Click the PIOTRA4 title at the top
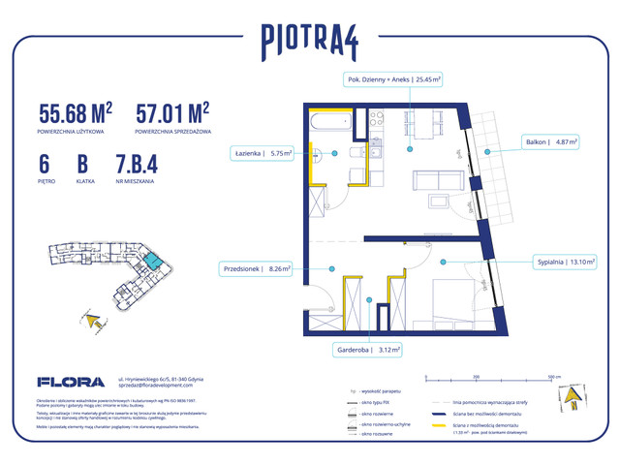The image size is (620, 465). pyautogui.click(x=309, y=41)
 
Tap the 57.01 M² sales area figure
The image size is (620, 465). pyautogui.click(x=173, y=113)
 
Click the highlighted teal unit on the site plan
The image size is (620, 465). pyautogui.click(x=155, y=259)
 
